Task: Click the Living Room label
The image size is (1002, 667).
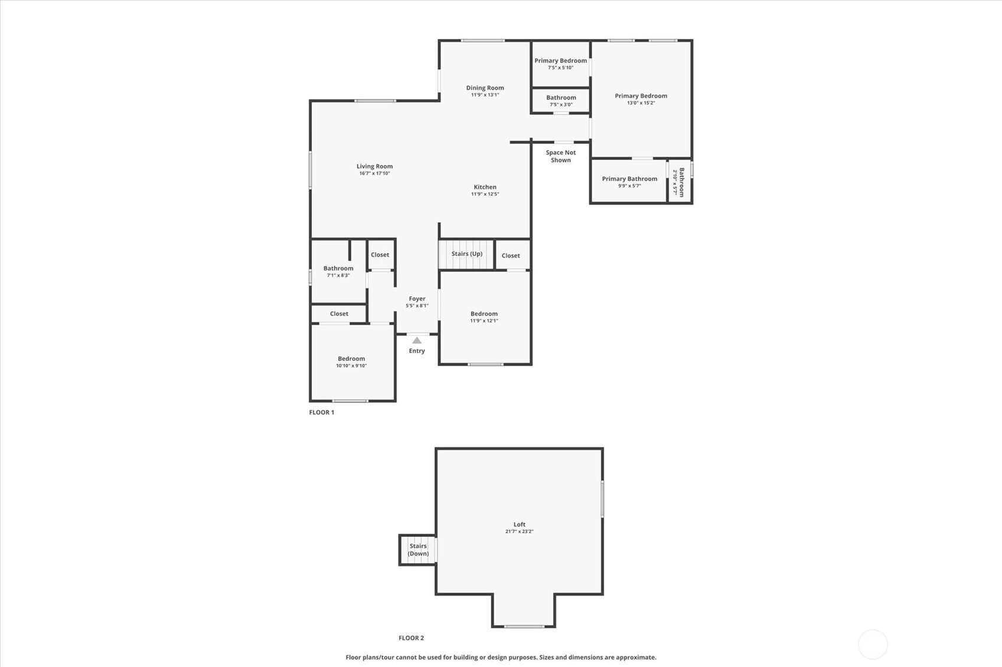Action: tap(374, 166)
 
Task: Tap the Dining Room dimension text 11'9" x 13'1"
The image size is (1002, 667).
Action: tap(485, 95)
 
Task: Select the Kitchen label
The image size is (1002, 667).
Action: tap(485, 187)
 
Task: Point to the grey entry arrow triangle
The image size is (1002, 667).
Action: tap(417, 340)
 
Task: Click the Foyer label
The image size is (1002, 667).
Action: tap(417, 299)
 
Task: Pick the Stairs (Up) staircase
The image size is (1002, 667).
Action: tap(466, 255)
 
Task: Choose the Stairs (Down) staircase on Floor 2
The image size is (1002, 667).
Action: tap(418, 550)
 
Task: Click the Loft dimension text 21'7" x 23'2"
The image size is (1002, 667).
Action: tap(520, 531)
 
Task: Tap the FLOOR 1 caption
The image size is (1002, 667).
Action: tap(322, 412)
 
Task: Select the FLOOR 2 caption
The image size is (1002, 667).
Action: tap(411, 638)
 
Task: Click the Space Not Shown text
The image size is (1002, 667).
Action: tap(560, 156)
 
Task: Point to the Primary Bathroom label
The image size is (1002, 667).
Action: tap(629, 179)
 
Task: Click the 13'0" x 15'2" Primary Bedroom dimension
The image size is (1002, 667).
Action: tap(641, 103)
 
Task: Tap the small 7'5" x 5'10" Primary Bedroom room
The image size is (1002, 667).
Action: tap(560, 64)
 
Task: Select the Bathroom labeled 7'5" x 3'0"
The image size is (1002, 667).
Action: tap(560, 100)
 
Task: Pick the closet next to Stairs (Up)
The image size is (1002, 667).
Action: tap(513, 255)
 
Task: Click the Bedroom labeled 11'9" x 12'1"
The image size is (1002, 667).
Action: tap(485, 317)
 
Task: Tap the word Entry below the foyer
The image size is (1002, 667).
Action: tap(417, 351)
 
